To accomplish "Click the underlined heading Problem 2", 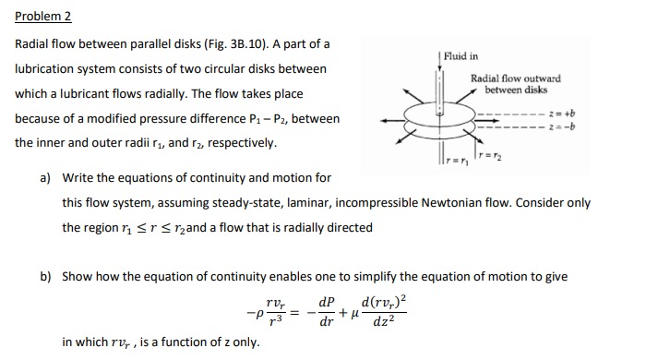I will click(x=42, y=17).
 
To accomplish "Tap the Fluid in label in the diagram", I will click(x=461, y=57).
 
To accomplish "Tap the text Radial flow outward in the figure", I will click(x=515, y=79).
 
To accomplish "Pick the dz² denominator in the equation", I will click(x=384, y=322).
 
